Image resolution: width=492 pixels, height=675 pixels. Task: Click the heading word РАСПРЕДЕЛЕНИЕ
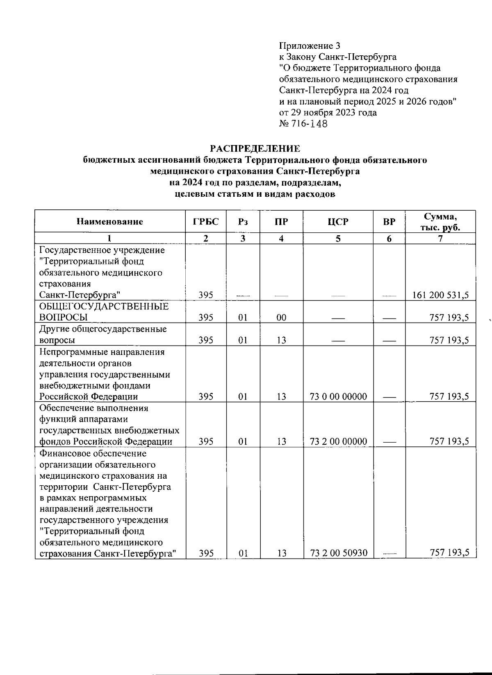pos(255,148)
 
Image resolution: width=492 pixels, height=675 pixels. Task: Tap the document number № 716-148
pos(303,124)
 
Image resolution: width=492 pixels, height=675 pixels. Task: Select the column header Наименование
pos(110,222)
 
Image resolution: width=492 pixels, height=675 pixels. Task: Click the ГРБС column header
pos(206,222)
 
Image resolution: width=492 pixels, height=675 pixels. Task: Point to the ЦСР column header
pos(338,222)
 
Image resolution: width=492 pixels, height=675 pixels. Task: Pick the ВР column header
pos(389,222)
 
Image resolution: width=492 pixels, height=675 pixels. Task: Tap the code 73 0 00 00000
pos(338,396)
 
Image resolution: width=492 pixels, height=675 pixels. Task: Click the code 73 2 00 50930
pos(338,553)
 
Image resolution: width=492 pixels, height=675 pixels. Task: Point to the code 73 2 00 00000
pos(338,441)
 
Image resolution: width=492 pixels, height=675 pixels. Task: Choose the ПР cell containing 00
pos(281,318)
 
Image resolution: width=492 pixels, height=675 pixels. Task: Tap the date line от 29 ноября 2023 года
pos(328,112)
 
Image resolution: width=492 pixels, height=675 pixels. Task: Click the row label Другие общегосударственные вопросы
pos(102,334)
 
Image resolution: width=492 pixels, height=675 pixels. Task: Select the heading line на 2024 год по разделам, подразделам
pos(255,182)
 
